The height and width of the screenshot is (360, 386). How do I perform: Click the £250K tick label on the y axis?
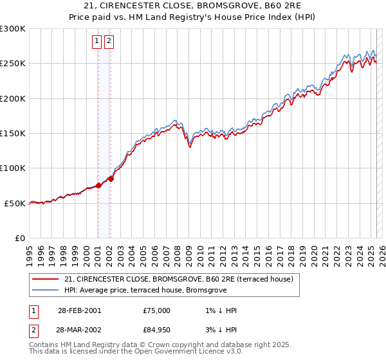pyautogui.click(x=12, y=64)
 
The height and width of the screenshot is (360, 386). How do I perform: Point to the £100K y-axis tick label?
pyautogui.click(x=12, y=168)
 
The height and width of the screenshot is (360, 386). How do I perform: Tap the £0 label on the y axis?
pyautogui.click(x=19, y=238)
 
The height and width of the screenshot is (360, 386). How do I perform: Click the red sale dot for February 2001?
pyautogui.click(x=98, y=185)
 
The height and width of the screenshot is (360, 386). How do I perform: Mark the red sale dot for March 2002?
pyautogui.click(x=111, y=179)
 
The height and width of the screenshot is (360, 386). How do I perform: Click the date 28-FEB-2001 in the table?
pyautogui.click(x=79, y=310)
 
